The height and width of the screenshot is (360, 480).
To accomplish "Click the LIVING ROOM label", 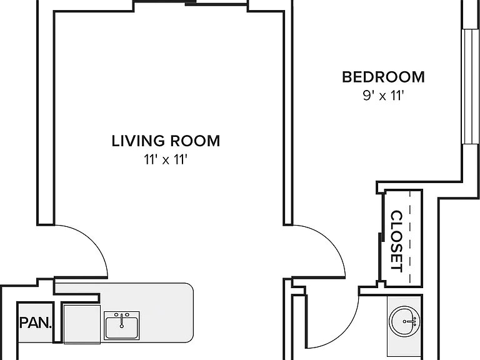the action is coord(166,141).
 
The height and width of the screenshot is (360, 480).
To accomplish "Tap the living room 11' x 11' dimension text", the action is coord(166,159).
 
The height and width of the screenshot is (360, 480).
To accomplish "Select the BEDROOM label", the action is coord(383,77).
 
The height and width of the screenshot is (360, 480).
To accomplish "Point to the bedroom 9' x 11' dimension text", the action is coord(383,96).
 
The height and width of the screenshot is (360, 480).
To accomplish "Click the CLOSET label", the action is coord(397,241).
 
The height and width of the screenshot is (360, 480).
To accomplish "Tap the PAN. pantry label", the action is coord(36,322).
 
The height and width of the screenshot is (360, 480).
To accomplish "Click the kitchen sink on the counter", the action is coord(121,326).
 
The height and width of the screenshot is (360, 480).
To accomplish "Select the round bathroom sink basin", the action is coord(405,322).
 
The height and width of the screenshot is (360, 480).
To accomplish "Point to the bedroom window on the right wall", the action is coord(471,86).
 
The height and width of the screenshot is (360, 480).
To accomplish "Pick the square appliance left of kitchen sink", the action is coord(82,324).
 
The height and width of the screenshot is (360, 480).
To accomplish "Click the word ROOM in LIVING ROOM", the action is coord(195,141).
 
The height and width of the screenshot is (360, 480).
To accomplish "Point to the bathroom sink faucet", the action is coord(409,322).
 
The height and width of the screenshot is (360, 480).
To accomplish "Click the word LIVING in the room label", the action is coord(139,141).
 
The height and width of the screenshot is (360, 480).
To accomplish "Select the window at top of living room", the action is coord(191,2).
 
